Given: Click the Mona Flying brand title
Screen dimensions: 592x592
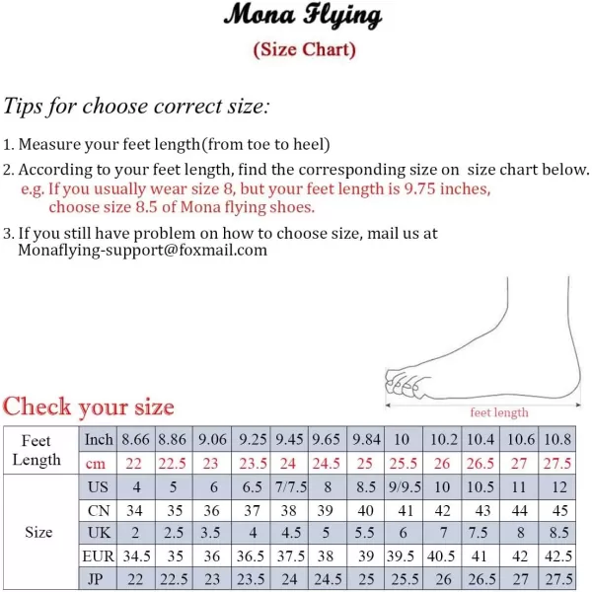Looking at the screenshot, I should pyautogui.click(x=302, y=17).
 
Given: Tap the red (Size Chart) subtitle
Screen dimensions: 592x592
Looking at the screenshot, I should pyautogui.click(x=304, y=48).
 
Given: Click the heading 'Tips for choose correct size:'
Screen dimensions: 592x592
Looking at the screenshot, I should pyautogui.click(x=136, y=107).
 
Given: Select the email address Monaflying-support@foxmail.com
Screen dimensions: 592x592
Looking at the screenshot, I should pyautogui.click(x=143, y=251).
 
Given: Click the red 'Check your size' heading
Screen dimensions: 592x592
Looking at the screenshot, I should pyautogui.click(x=89, y=406).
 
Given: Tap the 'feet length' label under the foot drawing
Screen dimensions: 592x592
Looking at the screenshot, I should pyautogui.click(x=498, y=412).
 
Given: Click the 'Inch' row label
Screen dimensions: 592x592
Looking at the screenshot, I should pyautogui.click(x=99, y=440).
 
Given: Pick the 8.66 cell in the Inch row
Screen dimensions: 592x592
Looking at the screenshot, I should pyautogui.click(x=137, y=440).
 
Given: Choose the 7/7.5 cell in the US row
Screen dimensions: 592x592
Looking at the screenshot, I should pyautogui.click(x=290, y=486).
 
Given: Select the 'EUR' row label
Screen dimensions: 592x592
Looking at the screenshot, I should pyautogui.click(x=98, y=556).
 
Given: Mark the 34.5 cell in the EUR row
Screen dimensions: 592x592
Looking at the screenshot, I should pyautogui.click(x=137, y=556).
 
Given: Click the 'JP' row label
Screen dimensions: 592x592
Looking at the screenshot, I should pyautogui.click(x=98, y=579).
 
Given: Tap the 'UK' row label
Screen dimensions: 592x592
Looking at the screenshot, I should pyautogui.click(x=98, y=533).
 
